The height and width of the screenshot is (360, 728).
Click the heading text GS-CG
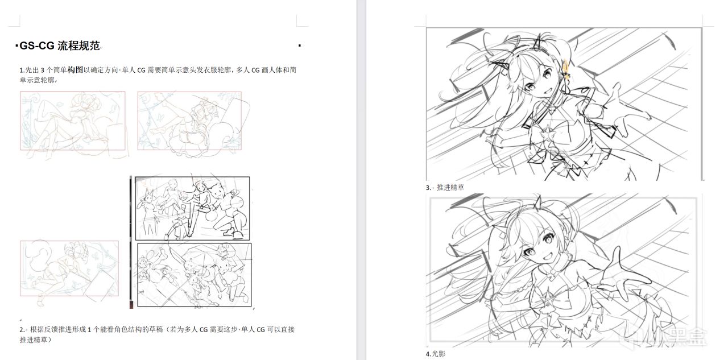[37, 46]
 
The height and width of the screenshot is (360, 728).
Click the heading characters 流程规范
[78, 46]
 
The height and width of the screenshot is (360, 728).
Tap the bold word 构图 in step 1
[75, 70]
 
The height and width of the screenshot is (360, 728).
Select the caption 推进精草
[450, 188]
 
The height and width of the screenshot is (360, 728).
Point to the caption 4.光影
[436, 354]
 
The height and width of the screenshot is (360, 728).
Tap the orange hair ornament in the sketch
[566, 70]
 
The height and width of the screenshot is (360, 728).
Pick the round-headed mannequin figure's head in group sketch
[174, 184]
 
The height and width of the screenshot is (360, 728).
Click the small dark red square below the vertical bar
[131, 305]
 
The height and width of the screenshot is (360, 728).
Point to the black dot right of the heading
[299, 45]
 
